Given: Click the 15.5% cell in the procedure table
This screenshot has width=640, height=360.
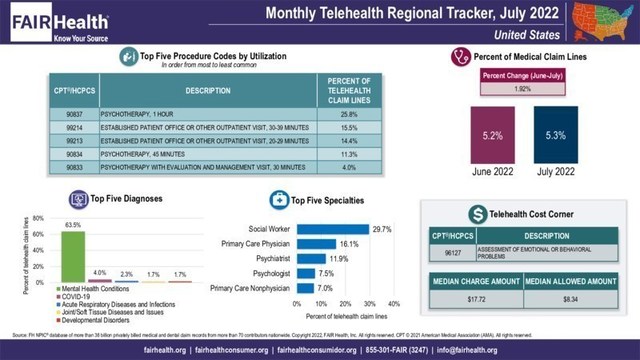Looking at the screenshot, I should (x=350, y=129).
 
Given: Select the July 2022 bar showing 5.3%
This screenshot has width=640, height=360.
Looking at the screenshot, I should (x=555, y=136).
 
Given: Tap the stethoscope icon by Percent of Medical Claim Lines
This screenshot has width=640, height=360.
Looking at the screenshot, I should (x=461, y=57).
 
